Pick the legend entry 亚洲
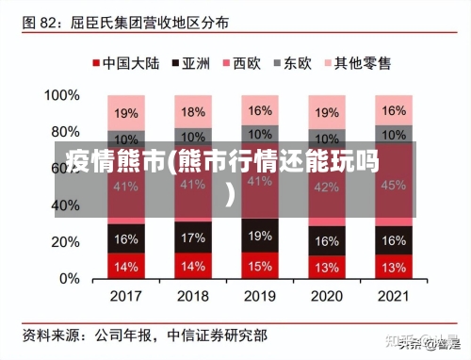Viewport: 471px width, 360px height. tap(190, 64)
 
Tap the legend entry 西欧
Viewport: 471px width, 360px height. tap(241, 64)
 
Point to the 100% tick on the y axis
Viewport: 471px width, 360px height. tap(62, 95)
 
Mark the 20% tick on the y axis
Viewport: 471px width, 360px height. tap(65, 242)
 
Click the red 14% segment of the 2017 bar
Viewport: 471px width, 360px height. tap(126, 266)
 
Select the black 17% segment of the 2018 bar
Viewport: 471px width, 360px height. tap(193, 237)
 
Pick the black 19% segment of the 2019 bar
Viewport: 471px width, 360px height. tap(260, 235)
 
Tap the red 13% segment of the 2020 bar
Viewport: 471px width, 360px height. tap(327, 267)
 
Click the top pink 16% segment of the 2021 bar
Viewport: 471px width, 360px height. tap(394, 109)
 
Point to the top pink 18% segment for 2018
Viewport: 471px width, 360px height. tap(193, 111)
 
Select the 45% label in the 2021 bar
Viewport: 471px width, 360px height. tap(394, 185)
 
